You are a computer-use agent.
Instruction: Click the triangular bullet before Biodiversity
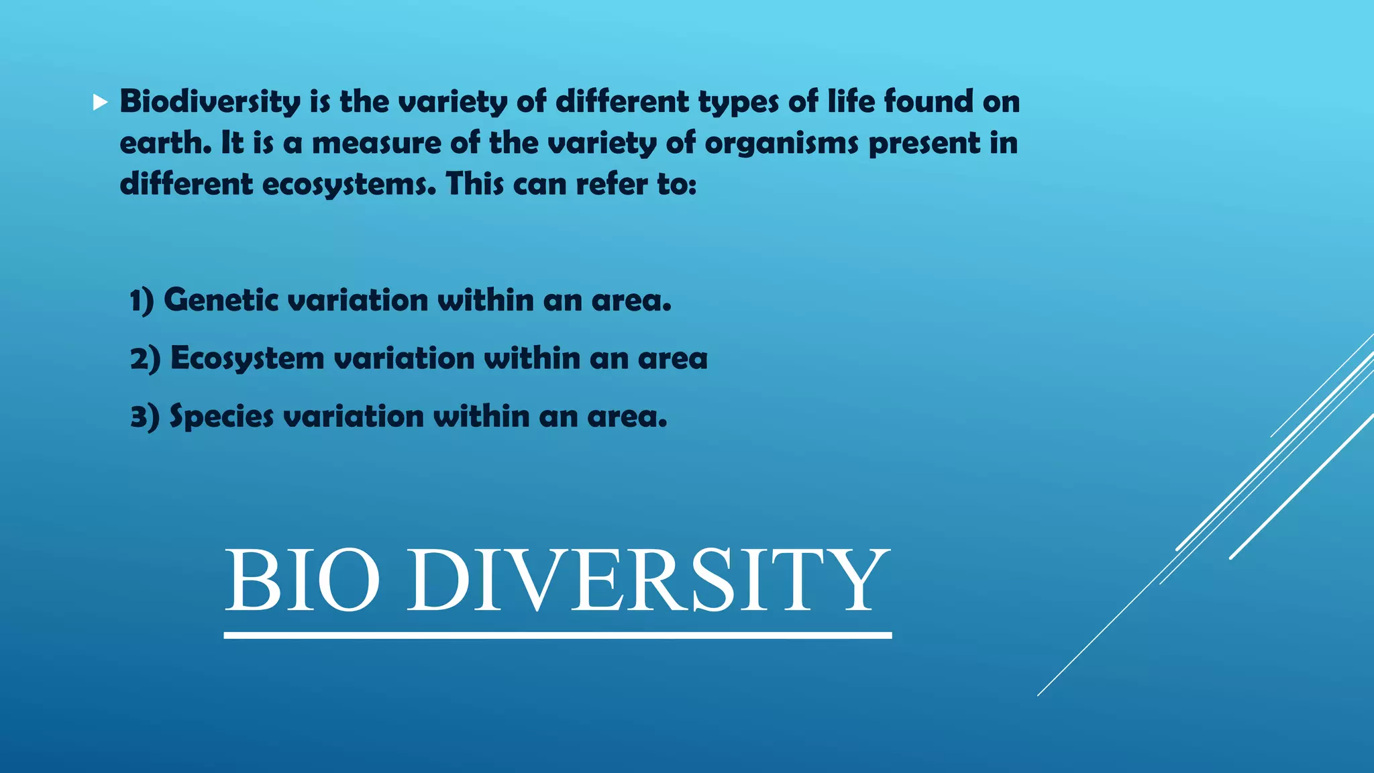click(x=100, y=103)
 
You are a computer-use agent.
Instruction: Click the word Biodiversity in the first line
click(x=210, y=102)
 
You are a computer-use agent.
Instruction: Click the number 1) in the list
click(x=142, y=301)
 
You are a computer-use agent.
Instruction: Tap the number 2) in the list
click(x=145, y=359)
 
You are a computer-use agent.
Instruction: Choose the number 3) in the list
click(x=144, y=417)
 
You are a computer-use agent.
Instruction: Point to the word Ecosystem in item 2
click(x=247, y=359)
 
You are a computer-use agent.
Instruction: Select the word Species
click(x=221, y=417)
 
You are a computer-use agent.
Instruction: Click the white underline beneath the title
click(x=558, y=635)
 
